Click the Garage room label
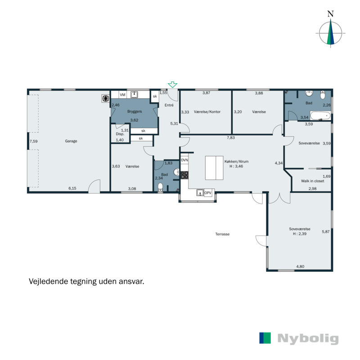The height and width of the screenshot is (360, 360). pyautogui.click(x=71, y=141)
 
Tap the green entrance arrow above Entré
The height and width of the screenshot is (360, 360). pyautogui.click(x=172, y=85)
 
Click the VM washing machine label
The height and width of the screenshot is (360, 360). pyautogui.click(x=122, y=95)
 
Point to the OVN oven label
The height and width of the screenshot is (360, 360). pyautogui.click(x=184, y=160)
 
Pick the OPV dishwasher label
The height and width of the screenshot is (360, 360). pyautogui.click(x=207, y=193)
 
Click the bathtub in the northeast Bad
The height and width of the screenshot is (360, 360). pyautogui.click(x=320, y=116)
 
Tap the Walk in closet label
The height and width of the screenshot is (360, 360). pyautogui.click(x=313, y=181)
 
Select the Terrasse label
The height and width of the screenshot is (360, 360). pyautogui.click(x=222, y=234)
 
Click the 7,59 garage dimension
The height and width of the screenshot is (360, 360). pyautogui.click(x=33, y=141)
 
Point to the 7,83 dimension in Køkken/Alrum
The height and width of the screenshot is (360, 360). pyautogui.click(x=231, y=138)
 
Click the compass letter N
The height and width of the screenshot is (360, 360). pyautogui.click(x=330, y=14)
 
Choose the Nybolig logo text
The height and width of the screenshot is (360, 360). pyautogui.click(x=308, y=339)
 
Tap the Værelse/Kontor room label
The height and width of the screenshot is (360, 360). pyautogui.click(x=207, y=112)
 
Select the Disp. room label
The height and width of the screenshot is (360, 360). pyautogui.click(x=120, y=134)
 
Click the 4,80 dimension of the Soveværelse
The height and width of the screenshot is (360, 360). pyautogui.click(x=300, y=267)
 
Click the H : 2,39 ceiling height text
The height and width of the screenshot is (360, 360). pyautogui.click(x=300, y=234)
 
